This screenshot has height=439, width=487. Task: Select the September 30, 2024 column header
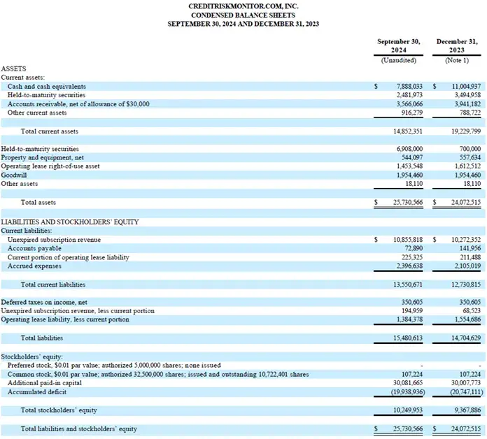coord(399,46)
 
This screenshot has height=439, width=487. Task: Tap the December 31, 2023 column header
coord(457,46)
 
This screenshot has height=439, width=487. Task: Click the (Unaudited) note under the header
coord(399,60)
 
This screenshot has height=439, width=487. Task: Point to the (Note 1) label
coord(458,60)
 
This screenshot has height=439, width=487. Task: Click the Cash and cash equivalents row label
coord(48,86)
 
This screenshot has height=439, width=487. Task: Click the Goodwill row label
coord(14,175)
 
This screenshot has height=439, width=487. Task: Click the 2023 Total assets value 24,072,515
coord(463,203)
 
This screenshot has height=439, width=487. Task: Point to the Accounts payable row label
coord(32,248)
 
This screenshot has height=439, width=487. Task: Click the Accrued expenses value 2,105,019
coord(465,266)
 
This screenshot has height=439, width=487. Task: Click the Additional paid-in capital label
coord(44,383)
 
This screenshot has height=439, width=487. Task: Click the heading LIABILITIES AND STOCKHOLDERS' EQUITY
coord(69,222)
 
